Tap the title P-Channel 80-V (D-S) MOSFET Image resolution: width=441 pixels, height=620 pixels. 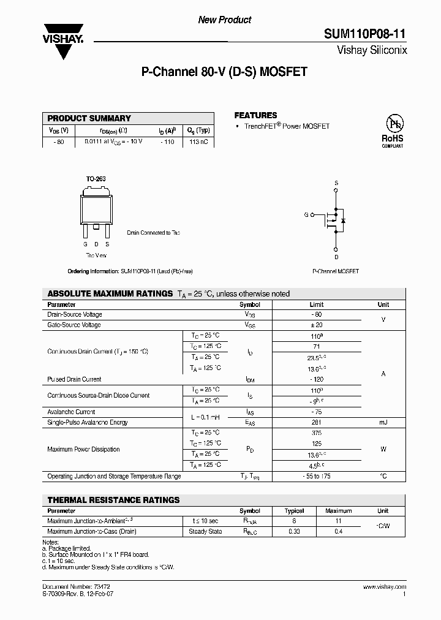click(224, 72)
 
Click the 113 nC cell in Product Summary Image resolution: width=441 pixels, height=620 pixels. click(199, 142)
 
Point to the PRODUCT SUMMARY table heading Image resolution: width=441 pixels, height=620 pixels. click(89, 118)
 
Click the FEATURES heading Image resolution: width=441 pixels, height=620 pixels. click(255, 115)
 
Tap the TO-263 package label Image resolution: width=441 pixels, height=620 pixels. click(96, 179)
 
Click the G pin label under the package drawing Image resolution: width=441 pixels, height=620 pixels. click(85, 244)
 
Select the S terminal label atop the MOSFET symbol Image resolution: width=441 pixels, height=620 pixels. click(336, 183)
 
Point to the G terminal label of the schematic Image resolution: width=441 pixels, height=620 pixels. click(306, 215)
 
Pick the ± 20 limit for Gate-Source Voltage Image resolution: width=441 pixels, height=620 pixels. click(317, 325)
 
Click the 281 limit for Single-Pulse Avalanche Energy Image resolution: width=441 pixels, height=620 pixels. click(317, 422)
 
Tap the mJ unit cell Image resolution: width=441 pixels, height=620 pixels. click(383, 422)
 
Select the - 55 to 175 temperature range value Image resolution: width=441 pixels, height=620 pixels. click(317, 476)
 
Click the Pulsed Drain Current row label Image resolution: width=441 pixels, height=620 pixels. click(74, 379)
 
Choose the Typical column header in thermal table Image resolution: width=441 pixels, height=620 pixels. click(294, 510)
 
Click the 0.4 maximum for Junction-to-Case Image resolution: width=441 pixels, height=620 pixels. click(339, 531)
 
